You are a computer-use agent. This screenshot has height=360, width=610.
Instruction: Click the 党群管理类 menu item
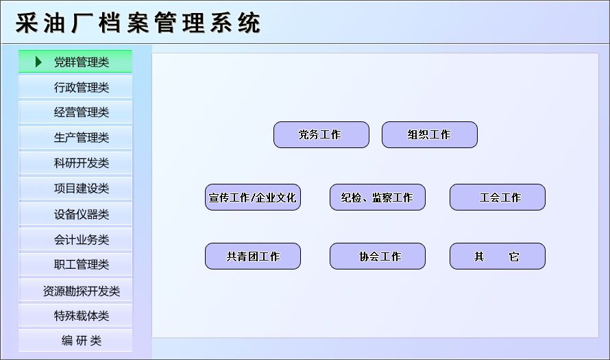75,62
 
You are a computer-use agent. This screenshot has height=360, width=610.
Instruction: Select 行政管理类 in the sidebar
75,87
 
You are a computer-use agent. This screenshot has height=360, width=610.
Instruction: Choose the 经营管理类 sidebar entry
75,112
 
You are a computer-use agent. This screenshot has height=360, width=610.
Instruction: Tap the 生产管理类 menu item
75,137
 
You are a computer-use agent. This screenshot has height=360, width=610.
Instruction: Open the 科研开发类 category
75,163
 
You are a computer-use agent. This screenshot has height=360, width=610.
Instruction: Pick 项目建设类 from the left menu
75,189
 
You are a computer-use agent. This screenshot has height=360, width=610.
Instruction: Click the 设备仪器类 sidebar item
75,214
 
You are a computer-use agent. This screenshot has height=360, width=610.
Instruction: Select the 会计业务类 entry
75,239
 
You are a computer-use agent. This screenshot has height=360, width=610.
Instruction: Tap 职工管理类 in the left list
75,265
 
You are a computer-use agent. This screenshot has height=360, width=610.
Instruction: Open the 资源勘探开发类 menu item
75,290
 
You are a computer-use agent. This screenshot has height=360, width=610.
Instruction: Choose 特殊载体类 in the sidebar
75,315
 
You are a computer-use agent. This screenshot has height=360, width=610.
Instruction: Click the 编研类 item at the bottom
75,341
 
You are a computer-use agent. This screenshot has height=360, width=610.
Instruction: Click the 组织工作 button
430,134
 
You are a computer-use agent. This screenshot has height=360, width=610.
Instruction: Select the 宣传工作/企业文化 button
253,197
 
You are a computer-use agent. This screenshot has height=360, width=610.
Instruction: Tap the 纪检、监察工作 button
378,197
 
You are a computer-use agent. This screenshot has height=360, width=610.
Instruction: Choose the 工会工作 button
498,197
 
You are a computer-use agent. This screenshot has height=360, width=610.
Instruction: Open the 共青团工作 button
253,256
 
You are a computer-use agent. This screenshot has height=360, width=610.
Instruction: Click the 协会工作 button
378,256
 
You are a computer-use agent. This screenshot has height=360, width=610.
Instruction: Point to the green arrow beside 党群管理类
38,62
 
